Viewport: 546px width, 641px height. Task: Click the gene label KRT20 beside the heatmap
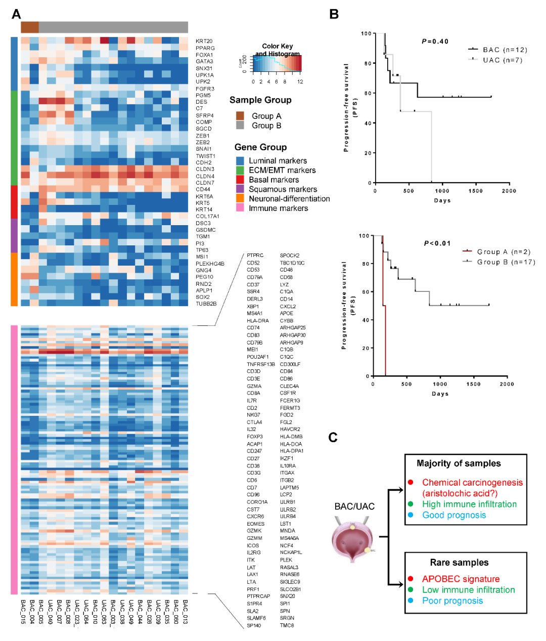click(204, 41)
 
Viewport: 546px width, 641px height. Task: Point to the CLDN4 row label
click(205, 176)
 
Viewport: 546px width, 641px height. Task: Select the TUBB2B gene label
click(206, 304)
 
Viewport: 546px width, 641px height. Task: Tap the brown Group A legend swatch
click(240, 116)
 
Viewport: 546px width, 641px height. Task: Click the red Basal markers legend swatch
click(240, 180)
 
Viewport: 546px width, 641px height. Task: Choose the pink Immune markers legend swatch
click(240, 208)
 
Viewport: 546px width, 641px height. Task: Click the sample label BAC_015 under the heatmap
click(23, 612)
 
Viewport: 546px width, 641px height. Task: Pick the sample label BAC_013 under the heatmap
click(185, 612)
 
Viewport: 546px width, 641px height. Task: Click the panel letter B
click(334, 14)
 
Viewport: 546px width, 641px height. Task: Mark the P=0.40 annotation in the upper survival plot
click(435, 41)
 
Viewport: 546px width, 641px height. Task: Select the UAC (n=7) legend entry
click(502, 60)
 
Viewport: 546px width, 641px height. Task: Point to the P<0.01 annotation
click(437, 243)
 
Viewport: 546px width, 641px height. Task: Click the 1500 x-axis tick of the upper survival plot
click(475, 191)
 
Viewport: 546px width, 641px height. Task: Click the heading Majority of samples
click(459, 463)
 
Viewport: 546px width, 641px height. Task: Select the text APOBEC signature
click(461, 579)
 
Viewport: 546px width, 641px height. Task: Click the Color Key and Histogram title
click(277, 50)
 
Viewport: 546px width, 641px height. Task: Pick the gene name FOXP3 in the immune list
click(255, 437)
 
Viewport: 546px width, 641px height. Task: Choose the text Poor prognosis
click(452, 601)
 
